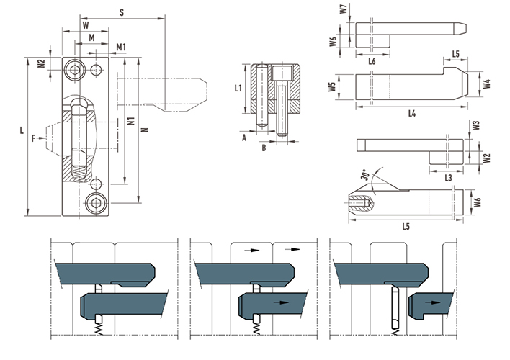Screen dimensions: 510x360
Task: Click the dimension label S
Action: [122, 13]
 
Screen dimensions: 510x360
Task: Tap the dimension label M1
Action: [121, 48]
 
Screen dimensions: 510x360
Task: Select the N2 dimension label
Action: [41, 63]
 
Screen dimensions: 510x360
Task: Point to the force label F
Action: [34, 139]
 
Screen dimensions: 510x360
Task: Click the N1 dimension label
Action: [131, 121]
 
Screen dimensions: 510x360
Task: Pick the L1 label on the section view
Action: [238, 88]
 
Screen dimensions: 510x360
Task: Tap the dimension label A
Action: [244, 138]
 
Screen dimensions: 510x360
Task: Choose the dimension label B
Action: [264, 148]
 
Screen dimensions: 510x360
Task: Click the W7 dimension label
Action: [344, 9]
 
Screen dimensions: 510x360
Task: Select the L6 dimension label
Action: [372, 61]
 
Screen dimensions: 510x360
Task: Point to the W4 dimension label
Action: [486, 84]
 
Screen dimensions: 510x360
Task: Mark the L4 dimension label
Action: [412, 114]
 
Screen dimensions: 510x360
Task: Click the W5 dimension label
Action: [332, 87]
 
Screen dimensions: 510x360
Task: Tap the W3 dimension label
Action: [476, 125]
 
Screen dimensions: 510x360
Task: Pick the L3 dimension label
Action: [448, 178]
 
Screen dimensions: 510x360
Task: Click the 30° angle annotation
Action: [365, 175]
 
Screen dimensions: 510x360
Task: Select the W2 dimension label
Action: [486, 158]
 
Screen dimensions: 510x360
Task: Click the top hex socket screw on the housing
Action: [75, 70]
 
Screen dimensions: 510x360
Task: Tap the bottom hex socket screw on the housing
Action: [97, 203]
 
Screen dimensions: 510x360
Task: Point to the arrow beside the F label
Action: [41, 138]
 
